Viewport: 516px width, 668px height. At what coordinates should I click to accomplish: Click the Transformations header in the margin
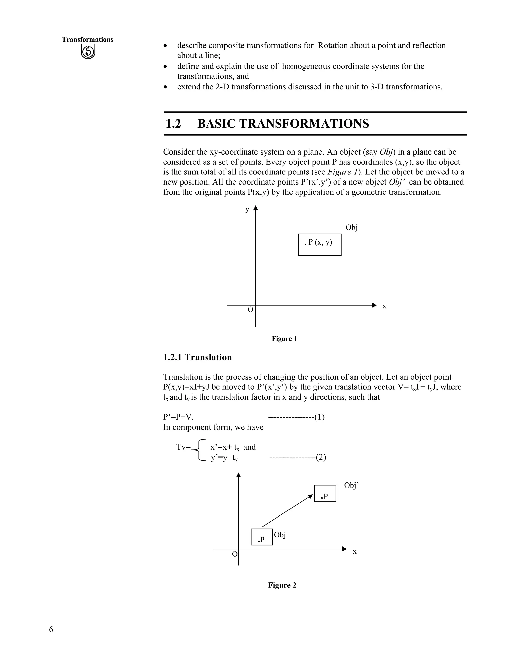[x=87, y=40]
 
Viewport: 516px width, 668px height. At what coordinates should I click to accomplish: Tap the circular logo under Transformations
[x=88, y=52]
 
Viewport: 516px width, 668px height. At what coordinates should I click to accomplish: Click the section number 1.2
[x=173, y=124]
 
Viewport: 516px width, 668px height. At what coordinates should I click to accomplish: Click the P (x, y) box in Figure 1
[x=319, y=244]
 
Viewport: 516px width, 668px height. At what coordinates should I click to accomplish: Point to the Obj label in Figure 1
[x=351, y=228]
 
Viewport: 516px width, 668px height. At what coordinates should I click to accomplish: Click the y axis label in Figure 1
[x=247, y=209]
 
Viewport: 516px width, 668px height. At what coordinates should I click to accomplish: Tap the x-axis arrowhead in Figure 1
[x=374, y=305]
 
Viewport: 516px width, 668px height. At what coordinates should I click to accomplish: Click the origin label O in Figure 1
[x=250, y=310]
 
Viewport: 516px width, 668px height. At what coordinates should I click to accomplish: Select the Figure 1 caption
[x=284, y=339]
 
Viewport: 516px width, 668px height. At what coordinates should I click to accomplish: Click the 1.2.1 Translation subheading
[x=197, y=357]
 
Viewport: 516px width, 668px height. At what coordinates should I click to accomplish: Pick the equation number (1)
[x=319, y=417]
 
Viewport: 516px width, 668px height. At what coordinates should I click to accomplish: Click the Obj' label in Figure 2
[x=351, y=485]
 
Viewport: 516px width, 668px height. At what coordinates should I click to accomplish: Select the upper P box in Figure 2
[x=325, y=493]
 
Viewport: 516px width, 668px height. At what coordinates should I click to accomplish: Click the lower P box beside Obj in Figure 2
[x=262, y=537]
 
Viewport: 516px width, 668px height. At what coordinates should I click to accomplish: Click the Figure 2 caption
[x=282, y=585]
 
